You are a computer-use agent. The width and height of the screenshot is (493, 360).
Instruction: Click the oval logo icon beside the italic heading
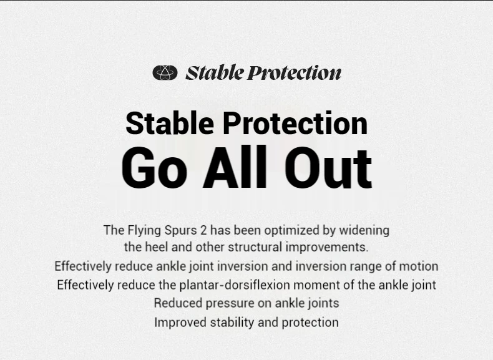(165, 72)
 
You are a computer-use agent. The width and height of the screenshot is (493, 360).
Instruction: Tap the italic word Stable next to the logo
(215, 72)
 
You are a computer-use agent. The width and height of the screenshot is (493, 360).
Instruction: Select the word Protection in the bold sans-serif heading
(295, 123)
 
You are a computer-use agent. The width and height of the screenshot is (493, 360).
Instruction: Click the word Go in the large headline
(154, 167)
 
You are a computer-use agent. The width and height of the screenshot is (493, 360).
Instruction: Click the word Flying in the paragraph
(144, 230)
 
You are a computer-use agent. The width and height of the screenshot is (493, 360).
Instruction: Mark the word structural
(255, 247)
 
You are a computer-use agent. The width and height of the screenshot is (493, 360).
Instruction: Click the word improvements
(327, 248)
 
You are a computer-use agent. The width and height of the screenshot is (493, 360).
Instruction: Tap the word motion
(419, 266)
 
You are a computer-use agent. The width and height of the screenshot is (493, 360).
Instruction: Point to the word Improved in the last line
(180, 323)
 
